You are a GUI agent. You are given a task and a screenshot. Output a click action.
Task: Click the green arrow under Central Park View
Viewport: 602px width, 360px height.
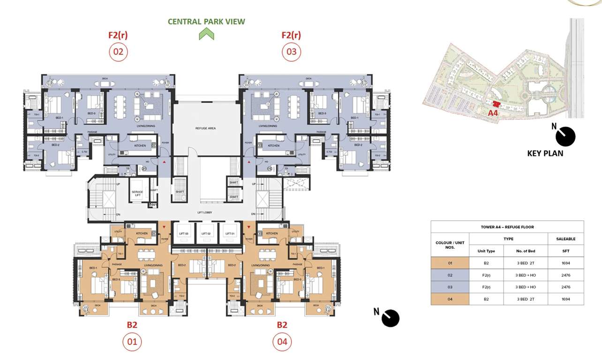click(206, 34)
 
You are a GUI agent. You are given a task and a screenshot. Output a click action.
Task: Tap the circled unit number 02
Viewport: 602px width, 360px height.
click(118, 52)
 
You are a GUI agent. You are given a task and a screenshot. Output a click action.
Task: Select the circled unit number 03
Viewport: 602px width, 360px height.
click(291, 52)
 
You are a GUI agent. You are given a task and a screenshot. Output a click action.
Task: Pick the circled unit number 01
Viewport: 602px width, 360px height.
click(132, 342)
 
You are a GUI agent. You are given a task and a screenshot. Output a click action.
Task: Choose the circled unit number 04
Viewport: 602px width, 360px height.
click(282, 342)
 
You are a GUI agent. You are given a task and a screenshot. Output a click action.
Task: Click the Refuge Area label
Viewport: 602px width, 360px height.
click(205, 128)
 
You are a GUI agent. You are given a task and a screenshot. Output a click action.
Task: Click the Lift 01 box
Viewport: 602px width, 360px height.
click(230, 233)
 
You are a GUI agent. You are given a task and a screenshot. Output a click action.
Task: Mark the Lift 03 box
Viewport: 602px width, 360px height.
click(183, 233)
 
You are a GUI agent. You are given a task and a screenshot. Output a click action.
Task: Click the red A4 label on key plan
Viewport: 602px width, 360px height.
click(493, 112)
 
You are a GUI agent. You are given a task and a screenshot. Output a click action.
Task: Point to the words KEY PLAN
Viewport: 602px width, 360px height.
click(545, 153)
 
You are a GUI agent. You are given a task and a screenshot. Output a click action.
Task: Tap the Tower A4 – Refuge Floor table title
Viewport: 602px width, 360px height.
click(507, 227)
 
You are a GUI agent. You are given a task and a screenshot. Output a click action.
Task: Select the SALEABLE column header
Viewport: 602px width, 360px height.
click(565, 239)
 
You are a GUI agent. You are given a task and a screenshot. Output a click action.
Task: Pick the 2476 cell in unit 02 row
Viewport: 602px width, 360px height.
click(565, 275)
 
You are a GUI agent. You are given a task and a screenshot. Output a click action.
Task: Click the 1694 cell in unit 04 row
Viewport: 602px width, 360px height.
click(565, 299)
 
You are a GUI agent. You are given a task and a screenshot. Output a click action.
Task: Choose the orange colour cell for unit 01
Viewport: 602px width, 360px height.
click(450, 263)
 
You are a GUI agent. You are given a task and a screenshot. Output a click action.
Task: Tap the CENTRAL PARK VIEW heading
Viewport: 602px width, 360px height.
click(206, 22)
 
